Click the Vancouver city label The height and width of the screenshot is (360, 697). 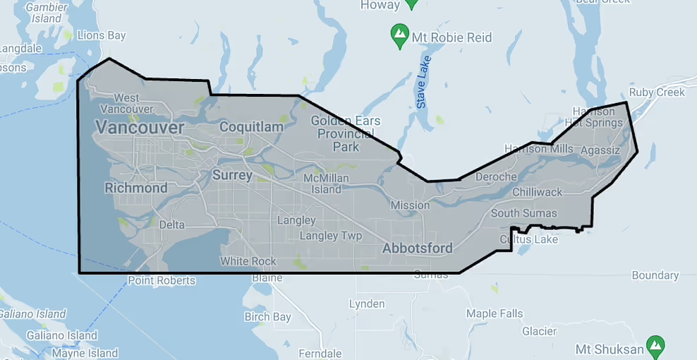(139, 128)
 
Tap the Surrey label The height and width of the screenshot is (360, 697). (232, 174)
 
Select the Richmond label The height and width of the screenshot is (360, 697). (136, 188)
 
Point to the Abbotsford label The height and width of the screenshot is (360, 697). (417, 248)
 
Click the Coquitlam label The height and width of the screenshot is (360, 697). (251, 127)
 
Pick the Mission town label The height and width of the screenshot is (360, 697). (410, 205)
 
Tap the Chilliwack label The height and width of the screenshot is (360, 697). (538, 192)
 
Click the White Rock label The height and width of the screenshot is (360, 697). (248, 261)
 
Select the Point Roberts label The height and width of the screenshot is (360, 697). (162, 280)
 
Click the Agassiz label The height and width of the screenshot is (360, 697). (600, 150)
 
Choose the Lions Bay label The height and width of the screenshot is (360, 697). (101, 35)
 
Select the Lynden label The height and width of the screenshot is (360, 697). (367, 304)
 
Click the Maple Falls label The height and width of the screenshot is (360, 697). (495, 313)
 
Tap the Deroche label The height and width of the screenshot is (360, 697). (496, 176)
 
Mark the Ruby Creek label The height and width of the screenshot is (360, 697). (657, 92)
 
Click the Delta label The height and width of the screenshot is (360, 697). (172, 224)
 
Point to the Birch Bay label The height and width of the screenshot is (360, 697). (267, 317)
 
